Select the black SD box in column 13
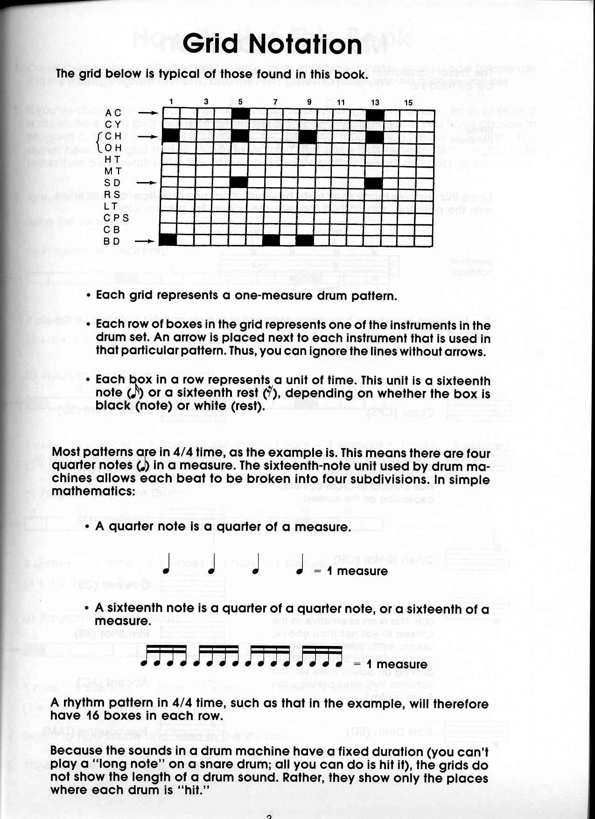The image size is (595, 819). point(374,183)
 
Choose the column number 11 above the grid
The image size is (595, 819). point(341,102)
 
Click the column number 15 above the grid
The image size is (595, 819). point(408,102)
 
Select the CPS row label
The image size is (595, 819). point(116,218)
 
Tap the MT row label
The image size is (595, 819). point(112,171)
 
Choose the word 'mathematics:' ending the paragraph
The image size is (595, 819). point(93,492)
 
